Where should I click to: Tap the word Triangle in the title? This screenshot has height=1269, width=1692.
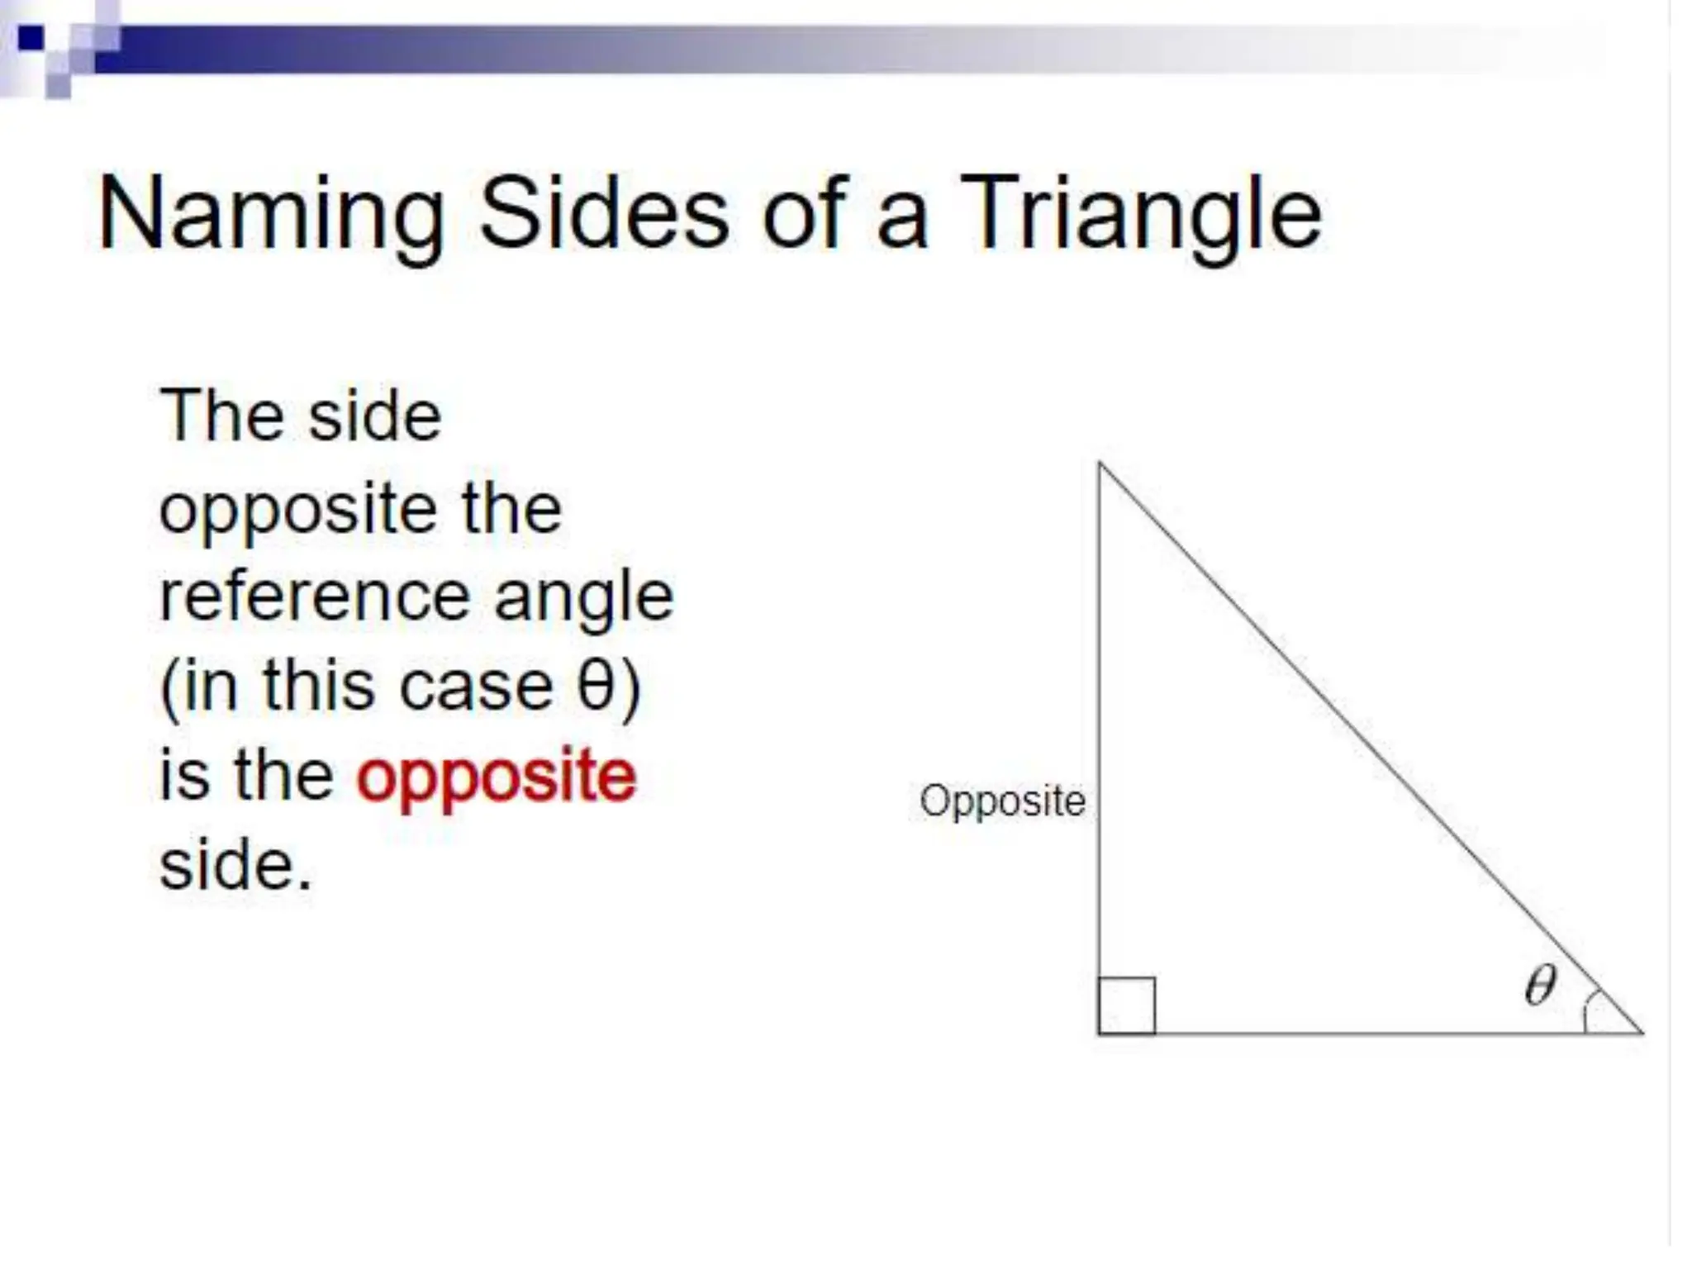[1141, 215]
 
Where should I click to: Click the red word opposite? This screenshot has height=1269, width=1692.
[497, 778]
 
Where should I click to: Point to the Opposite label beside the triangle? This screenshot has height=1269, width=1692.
[1002, 801]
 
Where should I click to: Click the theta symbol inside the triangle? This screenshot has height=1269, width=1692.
[1540, 985]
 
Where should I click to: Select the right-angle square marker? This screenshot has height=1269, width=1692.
[1127, 1005]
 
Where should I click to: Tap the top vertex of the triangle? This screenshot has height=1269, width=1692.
[1100, 464]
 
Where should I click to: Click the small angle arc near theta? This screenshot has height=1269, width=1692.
[1587, 1010]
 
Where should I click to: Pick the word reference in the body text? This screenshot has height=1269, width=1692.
[315, 597]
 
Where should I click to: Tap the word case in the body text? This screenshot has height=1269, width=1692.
[476, 687]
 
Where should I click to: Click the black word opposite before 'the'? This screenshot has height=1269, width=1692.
[297, 511]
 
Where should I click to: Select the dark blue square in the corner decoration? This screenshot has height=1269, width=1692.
[31, 37]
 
